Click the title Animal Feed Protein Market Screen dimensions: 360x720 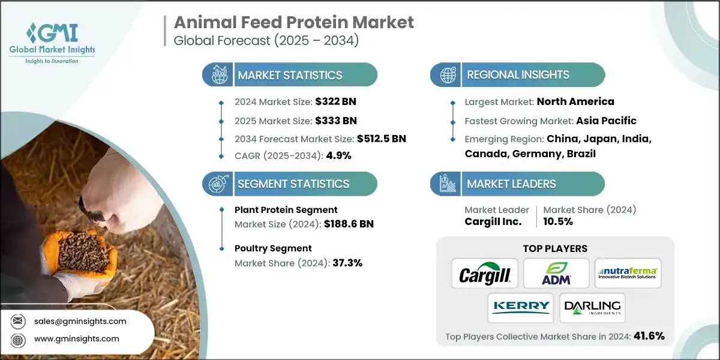pos(294,23)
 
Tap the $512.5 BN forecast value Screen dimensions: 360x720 pos(374,139)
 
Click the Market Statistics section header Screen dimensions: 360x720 pos(290,75)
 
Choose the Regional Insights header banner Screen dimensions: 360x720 pos(517,75)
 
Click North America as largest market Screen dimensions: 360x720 pos(575,101)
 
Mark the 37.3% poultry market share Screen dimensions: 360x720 pos(347,263)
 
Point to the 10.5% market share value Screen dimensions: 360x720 pos(558,221)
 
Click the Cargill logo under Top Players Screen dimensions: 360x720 pos(484,274)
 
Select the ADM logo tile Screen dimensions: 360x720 pos(556,274)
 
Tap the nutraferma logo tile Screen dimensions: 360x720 pos(628,274)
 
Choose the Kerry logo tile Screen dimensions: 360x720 pos(520,308)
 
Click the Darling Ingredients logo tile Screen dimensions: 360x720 pos(592,308)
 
